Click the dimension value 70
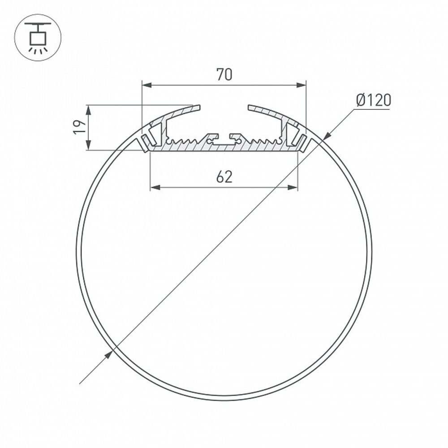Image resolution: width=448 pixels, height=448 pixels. [224, 74]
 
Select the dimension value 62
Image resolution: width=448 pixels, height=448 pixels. [224, 177]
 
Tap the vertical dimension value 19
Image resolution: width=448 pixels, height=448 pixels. [79, 127]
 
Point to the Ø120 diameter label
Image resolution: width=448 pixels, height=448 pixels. [373, 100]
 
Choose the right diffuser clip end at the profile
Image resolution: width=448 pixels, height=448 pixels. [305, 143]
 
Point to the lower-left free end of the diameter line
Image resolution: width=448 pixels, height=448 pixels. [80, 383]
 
